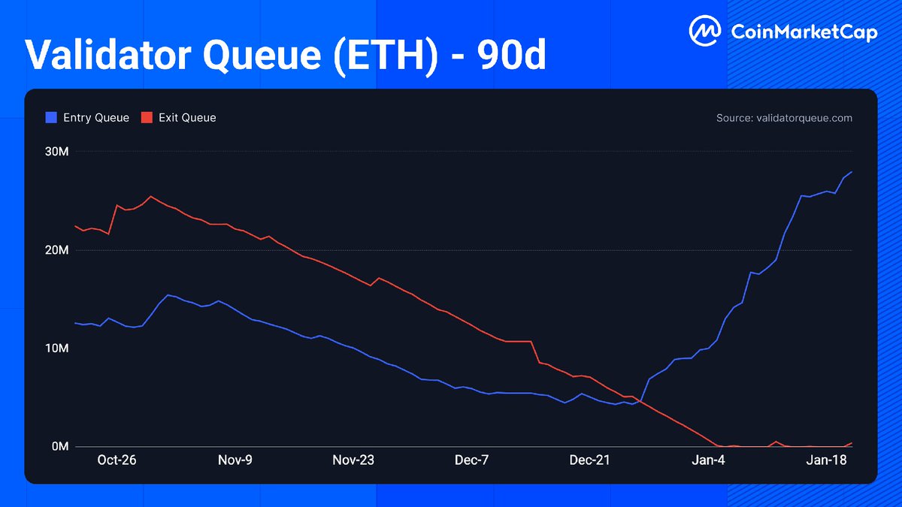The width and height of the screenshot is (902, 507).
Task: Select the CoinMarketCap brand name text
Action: click(804, 32)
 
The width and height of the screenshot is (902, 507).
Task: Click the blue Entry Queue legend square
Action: click(51, 118)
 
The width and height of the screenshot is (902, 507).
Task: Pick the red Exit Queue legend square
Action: click(147, 118)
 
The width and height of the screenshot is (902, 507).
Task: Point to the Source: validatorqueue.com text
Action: click(785, 118)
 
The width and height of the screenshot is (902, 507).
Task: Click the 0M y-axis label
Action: click(60, 447)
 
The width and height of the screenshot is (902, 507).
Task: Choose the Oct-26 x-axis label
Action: click(117, 460)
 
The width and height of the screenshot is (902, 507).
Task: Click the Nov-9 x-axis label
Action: click(235, 460)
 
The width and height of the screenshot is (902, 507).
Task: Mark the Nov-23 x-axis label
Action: click(353, 460)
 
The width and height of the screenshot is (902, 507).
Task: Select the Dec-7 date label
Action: click(471, 460)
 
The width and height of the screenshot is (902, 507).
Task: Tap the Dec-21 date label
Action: click(590, 460)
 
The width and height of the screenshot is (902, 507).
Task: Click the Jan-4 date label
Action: click(708, 460)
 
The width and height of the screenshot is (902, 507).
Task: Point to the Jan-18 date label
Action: click(826, 460)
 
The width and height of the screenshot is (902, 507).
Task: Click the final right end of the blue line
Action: click(852, 172)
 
